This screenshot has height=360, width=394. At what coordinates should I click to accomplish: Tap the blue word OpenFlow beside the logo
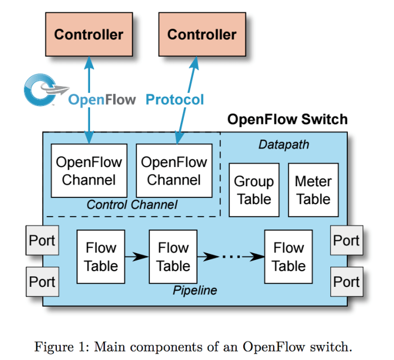[102, 100]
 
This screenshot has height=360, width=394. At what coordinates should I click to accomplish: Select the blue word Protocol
[174, 100]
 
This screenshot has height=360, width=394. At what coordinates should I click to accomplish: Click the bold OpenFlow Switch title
[287, 119]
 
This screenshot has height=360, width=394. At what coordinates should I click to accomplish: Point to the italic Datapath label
[284, 145]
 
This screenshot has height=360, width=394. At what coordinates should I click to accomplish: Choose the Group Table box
[254, 190]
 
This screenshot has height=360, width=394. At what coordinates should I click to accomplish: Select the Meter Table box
[313, 190]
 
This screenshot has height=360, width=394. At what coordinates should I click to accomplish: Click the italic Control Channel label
[132, 205]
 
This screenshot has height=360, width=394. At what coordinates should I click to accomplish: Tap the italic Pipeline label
[195, 291]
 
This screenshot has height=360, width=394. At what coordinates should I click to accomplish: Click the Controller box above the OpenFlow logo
[88, 34]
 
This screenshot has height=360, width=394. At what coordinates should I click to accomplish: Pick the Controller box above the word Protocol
[202, 34]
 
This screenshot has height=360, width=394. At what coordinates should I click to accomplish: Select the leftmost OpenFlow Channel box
[89, 171]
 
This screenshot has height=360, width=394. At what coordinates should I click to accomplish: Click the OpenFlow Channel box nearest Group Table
[174, 171]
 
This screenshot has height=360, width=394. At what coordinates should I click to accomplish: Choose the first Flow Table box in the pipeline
[101, 256]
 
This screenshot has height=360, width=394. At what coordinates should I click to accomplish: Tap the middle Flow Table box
[173, 256]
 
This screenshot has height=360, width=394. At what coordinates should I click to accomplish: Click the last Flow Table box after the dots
[288, 256]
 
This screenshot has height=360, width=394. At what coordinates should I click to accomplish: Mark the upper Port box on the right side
[346, 241]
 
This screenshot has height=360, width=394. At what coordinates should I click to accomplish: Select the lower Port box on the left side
[42, 281]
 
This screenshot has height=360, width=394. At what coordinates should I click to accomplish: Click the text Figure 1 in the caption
[59, 345]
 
